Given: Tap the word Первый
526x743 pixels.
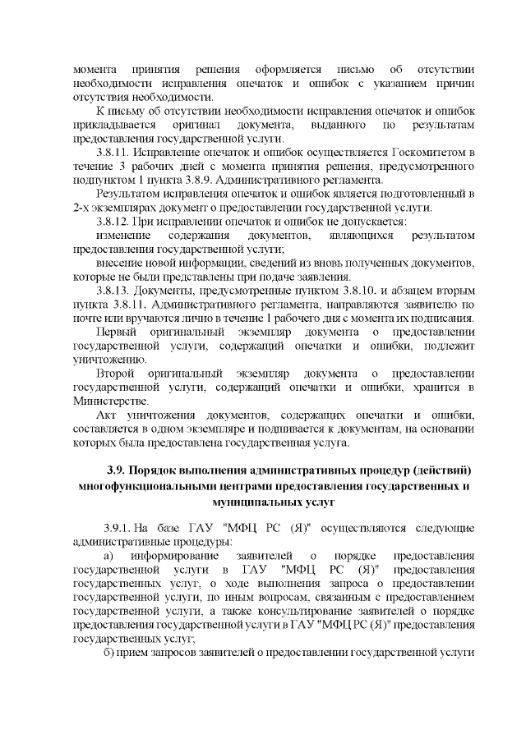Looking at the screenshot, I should tap(116, 333).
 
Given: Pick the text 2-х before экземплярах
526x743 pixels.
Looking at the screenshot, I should tap(84, 208).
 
